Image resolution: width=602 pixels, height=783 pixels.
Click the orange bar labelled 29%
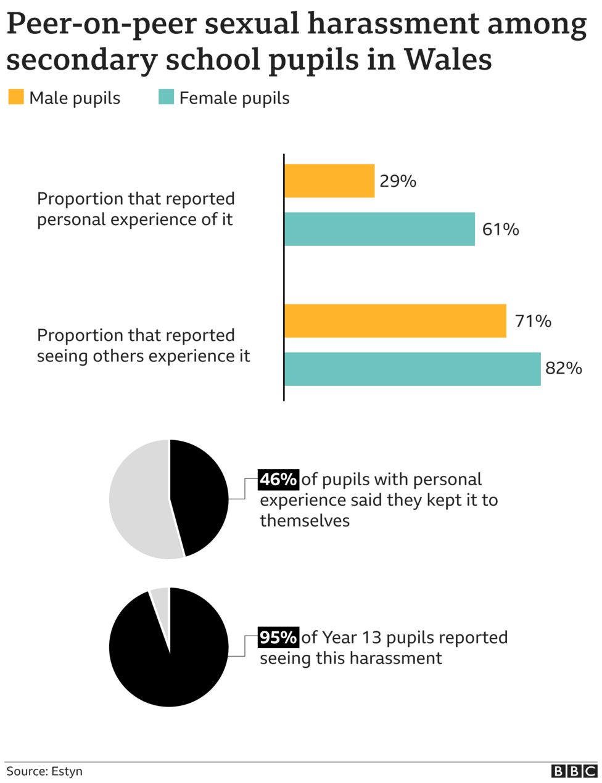point(329,181)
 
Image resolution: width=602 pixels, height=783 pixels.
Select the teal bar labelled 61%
point(379,229)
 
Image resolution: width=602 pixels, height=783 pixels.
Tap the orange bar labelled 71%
point(395,321)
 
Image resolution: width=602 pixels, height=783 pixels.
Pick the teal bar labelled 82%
point(412,369)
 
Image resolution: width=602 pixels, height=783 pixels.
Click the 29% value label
point(398,181)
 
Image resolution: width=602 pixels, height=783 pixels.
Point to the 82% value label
point(563,369)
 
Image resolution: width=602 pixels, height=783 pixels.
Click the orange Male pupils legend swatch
point(16,97)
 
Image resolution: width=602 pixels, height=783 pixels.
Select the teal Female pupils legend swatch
point(166,97)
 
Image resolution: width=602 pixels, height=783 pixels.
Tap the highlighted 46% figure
point(278,480)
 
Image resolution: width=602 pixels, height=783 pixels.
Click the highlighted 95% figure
point(278,637)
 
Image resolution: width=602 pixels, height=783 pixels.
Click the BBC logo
point(574,771)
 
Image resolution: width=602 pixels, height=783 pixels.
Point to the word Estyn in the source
point(67,771)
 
